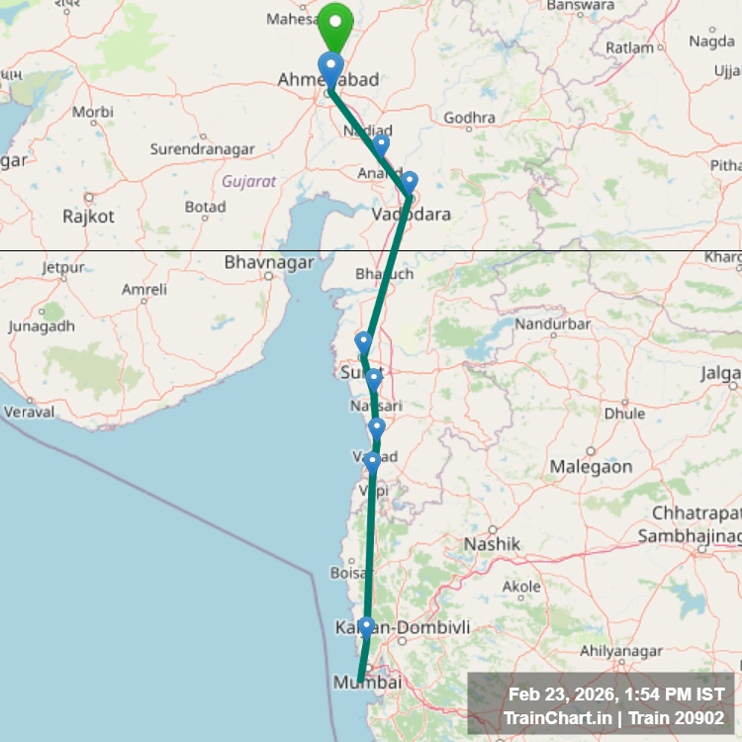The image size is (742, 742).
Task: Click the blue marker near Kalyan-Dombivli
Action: (366, 627)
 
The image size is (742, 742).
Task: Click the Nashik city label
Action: (492, 544)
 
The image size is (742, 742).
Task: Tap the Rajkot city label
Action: (88, 216)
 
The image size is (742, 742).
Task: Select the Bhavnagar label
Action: (269, 263)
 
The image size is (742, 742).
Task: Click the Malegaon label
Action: (591, 466)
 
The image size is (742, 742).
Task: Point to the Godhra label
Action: (469, 117)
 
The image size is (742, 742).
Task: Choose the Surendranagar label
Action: (202, 149)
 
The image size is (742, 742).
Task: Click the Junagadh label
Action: (41, 326)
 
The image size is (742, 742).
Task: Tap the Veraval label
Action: (30, 412)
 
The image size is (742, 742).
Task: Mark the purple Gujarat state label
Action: (248, 181)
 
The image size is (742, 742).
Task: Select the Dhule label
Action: (623, 413)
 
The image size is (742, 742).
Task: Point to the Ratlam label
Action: (629, 46)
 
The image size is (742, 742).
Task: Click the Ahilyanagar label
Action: (620, 650)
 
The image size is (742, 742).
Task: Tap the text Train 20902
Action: (680, 717)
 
